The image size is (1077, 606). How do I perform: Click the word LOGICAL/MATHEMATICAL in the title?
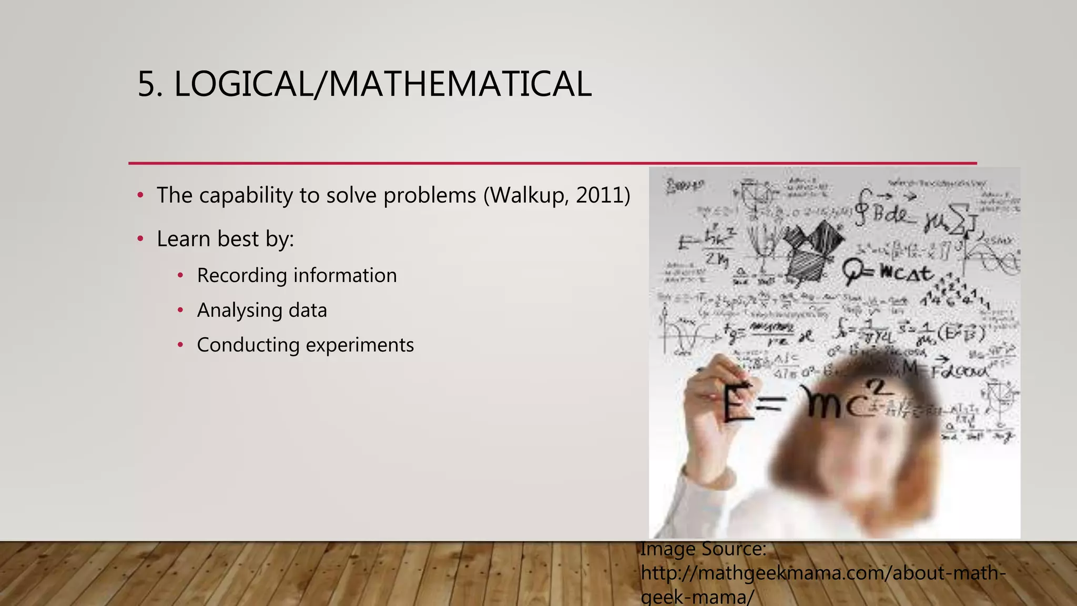pyautogui.click(x=382, y=84)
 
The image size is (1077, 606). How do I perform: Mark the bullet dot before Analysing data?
pyautogui.click(x=180, y=310)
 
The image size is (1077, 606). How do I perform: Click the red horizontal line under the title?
pyautogui.click(x=552, y=163)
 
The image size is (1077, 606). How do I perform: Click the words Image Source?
pyautogui.click(x=703, y=549)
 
